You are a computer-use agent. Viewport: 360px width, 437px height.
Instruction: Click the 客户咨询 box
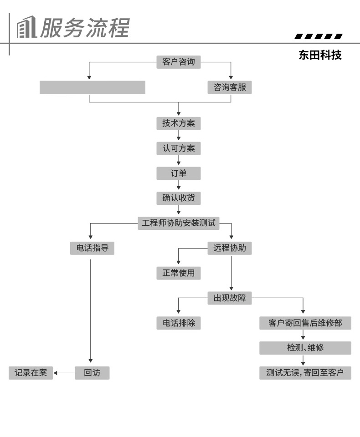[x=178, y=62]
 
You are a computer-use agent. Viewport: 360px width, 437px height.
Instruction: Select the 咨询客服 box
[x=230, y=87]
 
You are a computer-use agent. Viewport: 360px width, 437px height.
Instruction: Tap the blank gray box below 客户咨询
[x=93, y=87]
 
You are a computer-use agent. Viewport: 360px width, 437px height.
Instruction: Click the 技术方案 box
[x=178, y=123]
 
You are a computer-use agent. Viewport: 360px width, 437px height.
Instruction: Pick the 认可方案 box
[x=178, y=148]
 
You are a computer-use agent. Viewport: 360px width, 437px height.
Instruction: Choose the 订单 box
[x=178, y=173]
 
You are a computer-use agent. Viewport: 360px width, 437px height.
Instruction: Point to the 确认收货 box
[x=178, y=198]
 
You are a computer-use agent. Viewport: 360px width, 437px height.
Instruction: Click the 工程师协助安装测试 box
[x=178, y=223]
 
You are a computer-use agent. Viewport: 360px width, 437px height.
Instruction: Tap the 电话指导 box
[x=92, y=248]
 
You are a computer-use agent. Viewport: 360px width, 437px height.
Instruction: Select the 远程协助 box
[x=230, y=248]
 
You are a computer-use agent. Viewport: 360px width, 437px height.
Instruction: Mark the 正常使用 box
[x=178, y=273]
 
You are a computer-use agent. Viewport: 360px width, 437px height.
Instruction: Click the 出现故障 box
[x=230, y=298]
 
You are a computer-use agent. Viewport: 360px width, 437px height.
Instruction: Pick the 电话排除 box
[x=178, y=323]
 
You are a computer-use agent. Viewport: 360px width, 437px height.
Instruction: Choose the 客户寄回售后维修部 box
[x=305, y=323]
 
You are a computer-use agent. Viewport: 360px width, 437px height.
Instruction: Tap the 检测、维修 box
[x=305, y=348]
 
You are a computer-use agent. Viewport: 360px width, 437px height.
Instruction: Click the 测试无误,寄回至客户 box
[x=305, y=373]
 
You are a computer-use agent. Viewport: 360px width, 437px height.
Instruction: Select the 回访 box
[x=92, y=373]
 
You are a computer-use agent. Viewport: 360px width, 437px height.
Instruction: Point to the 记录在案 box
[x=31, y=373]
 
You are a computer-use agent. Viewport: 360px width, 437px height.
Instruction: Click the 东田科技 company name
[x=320, y=56]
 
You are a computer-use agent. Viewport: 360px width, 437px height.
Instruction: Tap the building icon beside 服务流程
[x=26, y=28]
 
